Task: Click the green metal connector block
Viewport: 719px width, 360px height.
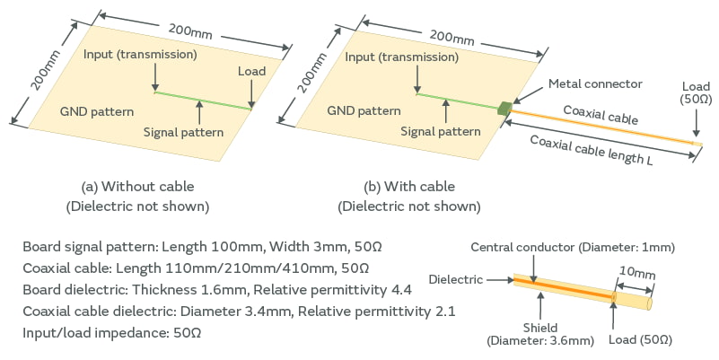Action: click(x=504, y=109)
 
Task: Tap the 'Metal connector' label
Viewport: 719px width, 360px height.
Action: click(x=595, y=83)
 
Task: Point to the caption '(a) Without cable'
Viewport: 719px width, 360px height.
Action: click(x=137, y=187)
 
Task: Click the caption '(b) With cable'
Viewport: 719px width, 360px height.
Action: click(x=408, y=187)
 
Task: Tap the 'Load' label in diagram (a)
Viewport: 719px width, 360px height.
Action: click(x=252, y=71)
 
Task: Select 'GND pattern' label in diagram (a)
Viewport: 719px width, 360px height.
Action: click(x=97, y=112)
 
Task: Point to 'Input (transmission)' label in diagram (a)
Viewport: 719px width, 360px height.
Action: click(x=140, y=55)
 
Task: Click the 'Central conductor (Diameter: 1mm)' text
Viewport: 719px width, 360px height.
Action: click(x=572, y=247)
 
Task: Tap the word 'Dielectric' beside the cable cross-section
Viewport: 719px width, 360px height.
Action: click(x=454, y=279)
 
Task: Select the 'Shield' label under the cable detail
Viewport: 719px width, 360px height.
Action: click(x=539, y=328)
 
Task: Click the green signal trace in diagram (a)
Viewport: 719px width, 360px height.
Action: click(x=202, y=101)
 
